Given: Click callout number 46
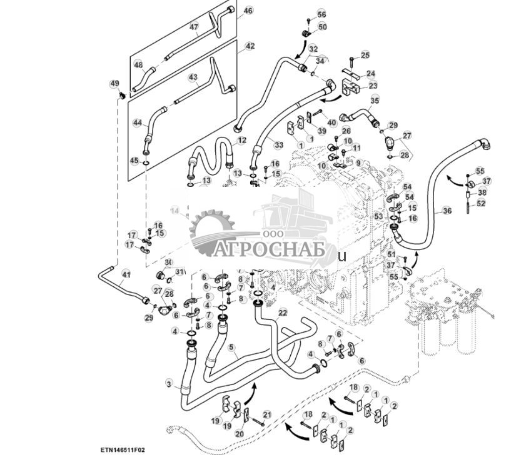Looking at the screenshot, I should (x=248, y=11).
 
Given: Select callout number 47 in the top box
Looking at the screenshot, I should (x=194, y=27).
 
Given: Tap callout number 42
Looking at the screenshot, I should (x=250, y=46).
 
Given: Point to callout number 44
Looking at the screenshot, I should (x=137, y=124).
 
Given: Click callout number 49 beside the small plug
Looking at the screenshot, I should (x=114, y=83).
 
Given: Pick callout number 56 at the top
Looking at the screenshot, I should (x=321, y=14).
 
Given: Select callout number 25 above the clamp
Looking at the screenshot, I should (x=365, y=56).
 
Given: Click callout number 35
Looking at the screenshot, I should (x=375, y=100).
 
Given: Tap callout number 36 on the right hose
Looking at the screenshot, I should (x=446, y=211).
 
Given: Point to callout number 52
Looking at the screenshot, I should (x=480, y=203).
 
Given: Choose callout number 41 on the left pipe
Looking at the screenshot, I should (x=126, y=274).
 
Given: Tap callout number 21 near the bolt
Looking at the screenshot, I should (x=266, y=414).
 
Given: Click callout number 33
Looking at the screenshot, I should (x=279, y=145).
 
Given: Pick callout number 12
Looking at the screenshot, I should (x=242, y=139).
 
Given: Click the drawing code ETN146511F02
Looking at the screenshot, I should (x=123, y=449).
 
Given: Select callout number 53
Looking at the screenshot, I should (x=378, y=216).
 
